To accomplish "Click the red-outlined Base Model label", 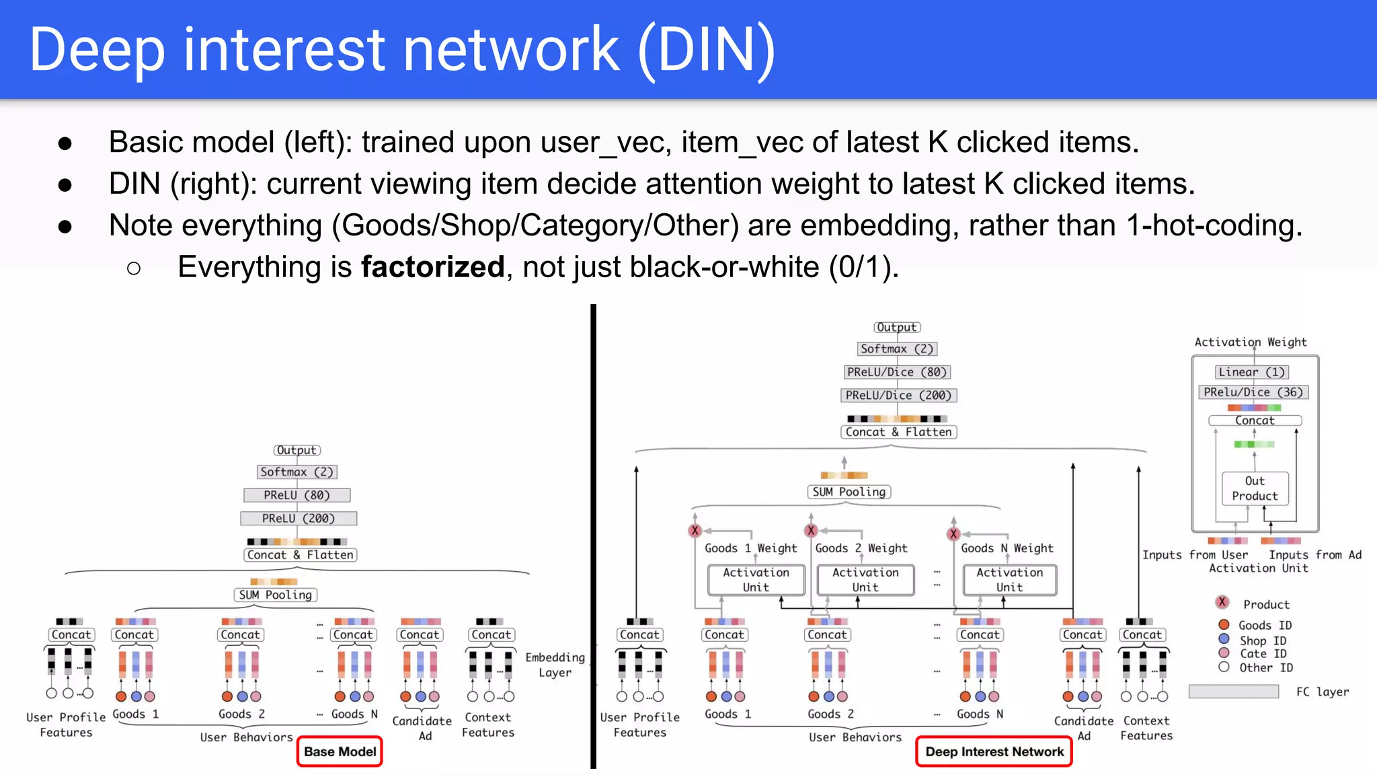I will tap(340, 751).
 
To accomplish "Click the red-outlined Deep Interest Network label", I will tap(994, 751).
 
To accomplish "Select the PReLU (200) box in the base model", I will tap(299, 519).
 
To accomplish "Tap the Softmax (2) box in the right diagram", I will tap(897, 348).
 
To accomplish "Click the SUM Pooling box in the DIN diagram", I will tap(849, 492).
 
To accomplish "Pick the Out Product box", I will tap(1255, 488).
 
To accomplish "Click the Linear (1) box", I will tap(1251, 372).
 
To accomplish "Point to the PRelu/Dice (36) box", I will tap(1253, 392).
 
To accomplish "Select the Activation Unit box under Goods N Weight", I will tap(1009, 580).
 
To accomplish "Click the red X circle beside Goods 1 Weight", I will tap(695, 530).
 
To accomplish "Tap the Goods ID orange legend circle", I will tap(1224, 625).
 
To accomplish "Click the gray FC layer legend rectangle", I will tap(1233, 692).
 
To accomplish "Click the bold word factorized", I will tap(432, 267).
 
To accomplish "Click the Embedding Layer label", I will tap(555, 665).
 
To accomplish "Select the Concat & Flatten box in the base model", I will tap(300, 555).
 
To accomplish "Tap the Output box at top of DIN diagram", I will tap(897, 327).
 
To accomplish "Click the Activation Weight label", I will tap(1251, 342).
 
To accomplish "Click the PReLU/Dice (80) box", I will tap(897, 372).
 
